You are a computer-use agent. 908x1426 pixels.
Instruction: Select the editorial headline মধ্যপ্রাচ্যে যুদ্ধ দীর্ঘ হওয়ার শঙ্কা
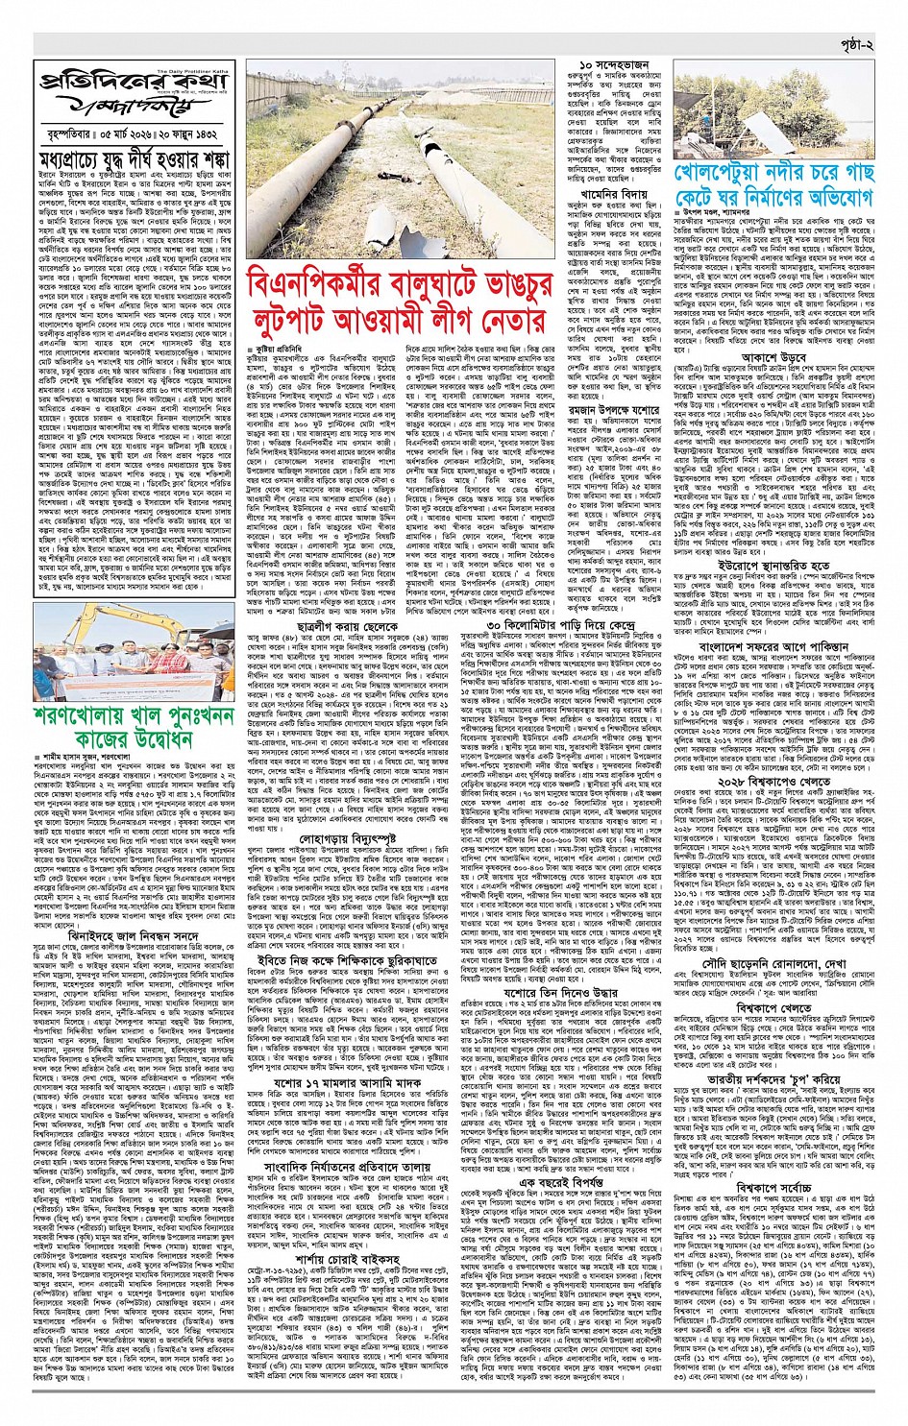click(135, 157)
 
